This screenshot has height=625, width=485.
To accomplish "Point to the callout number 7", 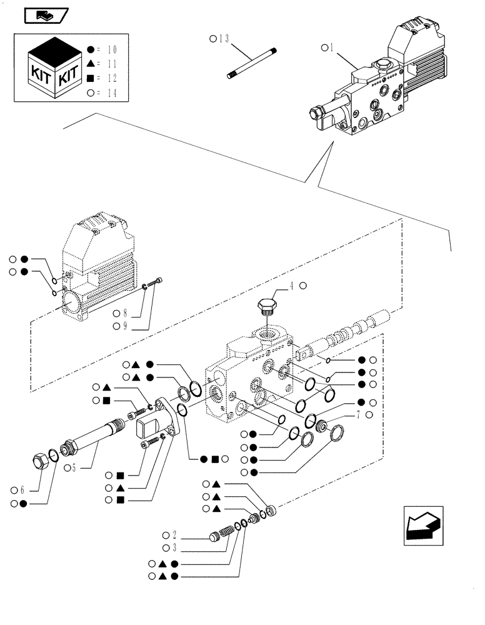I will [x=359, y=415].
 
